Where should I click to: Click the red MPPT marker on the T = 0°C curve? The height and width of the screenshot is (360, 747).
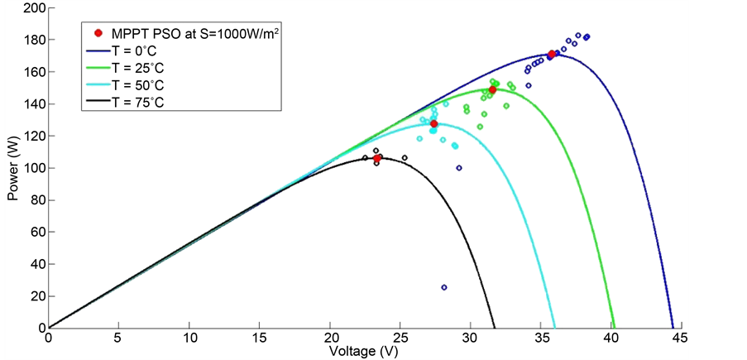[x=552, y=55]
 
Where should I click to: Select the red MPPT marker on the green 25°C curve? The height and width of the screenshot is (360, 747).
[x=493, y=89]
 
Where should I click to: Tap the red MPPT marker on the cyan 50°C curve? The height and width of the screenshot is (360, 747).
[x=433, y=123]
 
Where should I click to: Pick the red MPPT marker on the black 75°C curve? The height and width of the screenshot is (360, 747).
[x=377, y=158]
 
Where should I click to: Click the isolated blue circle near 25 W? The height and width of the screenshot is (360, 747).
[x=444, y=287]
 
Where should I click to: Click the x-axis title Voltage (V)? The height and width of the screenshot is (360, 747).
[x=364, y=351]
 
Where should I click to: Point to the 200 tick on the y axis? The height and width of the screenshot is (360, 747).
[x=34, y=7]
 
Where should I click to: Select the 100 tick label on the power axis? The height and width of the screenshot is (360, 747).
[x=34, y=168]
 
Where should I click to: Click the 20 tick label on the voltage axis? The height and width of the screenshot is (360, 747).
[x=330, y=338]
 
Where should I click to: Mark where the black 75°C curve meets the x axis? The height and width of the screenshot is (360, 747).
[x=495, y=328]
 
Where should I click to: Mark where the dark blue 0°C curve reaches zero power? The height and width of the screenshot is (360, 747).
[x=673, y=328]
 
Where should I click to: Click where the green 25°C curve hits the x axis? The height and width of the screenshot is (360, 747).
[x=614, y=328]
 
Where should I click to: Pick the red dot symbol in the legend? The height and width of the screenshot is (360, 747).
[x=99, y=33]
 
